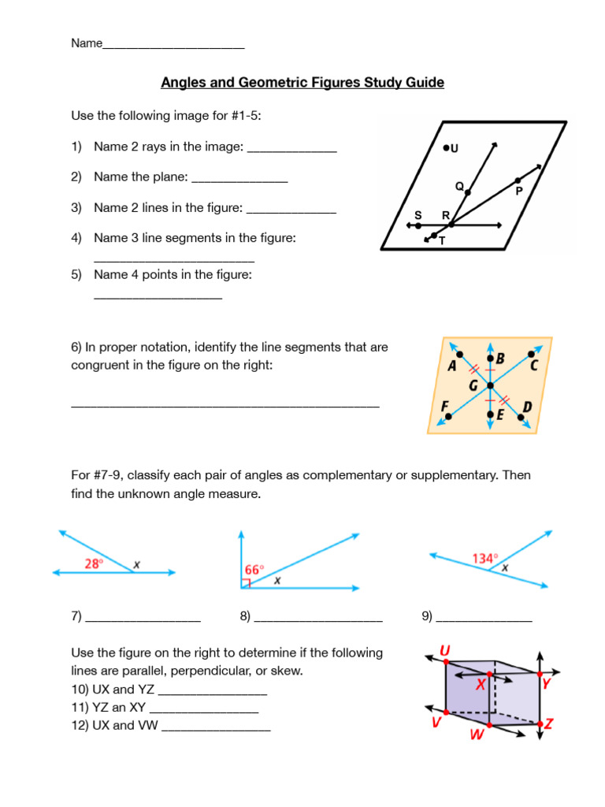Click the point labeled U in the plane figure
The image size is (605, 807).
coord(446,147)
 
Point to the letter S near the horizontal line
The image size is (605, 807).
coord(418,215)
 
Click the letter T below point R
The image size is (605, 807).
coord(442,241)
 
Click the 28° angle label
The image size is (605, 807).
coord(95,563)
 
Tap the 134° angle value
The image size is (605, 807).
coord(484,558)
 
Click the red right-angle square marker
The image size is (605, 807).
coord(246,583)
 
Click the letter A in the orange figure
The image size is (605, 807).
coord(452,366)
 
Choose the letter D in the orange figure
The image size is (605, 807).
coord(527,407)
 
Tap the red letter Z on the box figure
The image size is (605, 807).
coord(549,723)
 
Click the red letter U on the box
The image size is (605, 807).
coord(445,650)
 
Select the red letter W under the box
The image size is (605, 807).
coord(477,736)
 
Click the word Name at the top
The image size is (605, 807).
coord(87,43)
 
